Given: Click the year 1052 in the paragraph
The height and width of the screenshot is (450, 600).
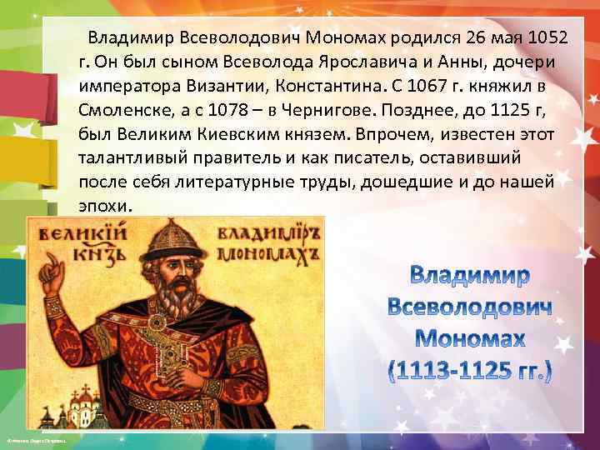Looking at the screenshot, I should coord(523,38).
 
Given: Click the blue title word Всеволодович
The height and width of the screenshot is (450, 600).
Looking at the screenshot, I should coord(470,307).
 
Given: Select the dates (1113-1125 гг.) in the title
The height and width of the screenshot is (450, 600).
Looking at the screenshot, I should coord(470,367).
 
